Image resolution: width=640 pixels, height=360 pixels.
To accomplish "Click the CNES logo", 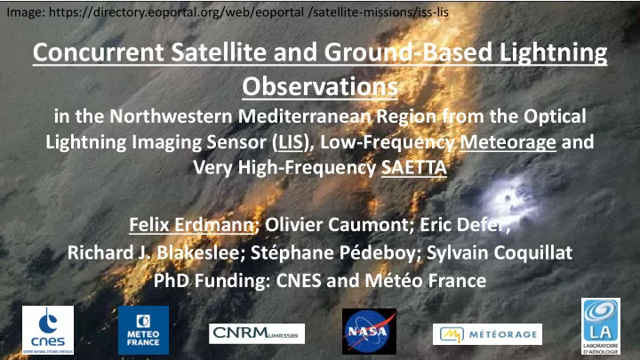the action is [x=48, y=330].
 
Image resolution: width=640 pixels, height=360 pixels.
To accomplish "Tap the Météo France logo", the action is [x=143, y=330].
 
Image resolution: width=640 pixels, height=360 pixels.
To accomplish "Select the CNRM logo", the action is [x=257, y=333].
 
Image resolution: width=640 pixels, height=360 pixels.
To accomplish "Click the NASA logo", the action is [x=369, y=331].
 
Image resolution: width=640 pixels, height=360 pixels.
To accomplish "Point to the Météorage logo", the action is [x=487, y=334].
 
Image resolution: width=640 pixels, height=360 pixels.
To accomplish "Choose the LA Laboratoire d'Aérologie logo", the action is [x=600, y=326].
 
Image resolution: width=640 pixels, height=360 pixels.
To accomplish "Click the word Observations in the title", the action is [x=320, y=86].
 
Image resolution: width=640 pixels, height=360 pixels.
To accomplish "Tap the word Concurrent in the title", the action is [x=99, y=52].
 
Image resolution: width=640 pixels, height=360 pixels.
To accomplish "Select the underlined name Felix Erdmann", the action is [x=191, y=225].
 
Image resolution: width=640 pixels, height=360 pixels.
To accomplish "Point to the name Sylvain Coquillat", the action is [x=500, y=252].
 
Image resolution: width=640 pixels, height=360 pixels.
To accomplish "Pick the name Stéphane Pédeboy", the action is [x=332, y=252].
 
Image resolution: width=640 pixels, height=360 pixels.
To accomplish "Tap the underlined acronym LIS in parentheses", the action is [x=291, y=142].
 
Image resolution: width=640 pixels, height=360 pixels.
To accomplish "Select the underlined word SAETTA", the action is [x=414, y=168].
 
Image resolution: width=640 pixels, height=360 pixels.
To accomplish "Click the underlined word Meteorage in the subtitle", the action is [x=508, y=142].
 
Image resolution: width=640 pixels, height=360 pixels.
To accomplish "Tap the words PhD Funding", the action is [x=212, y=281].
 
